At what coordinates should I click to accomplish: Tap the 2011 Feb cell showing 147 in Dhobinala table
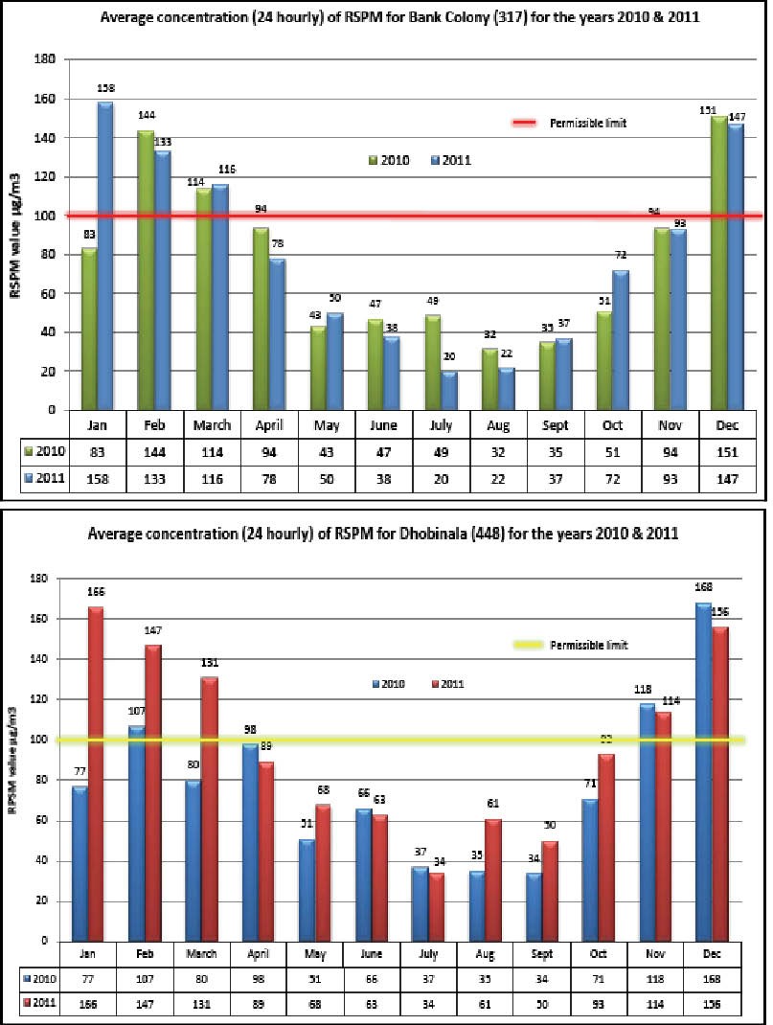pos(145,1002)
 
